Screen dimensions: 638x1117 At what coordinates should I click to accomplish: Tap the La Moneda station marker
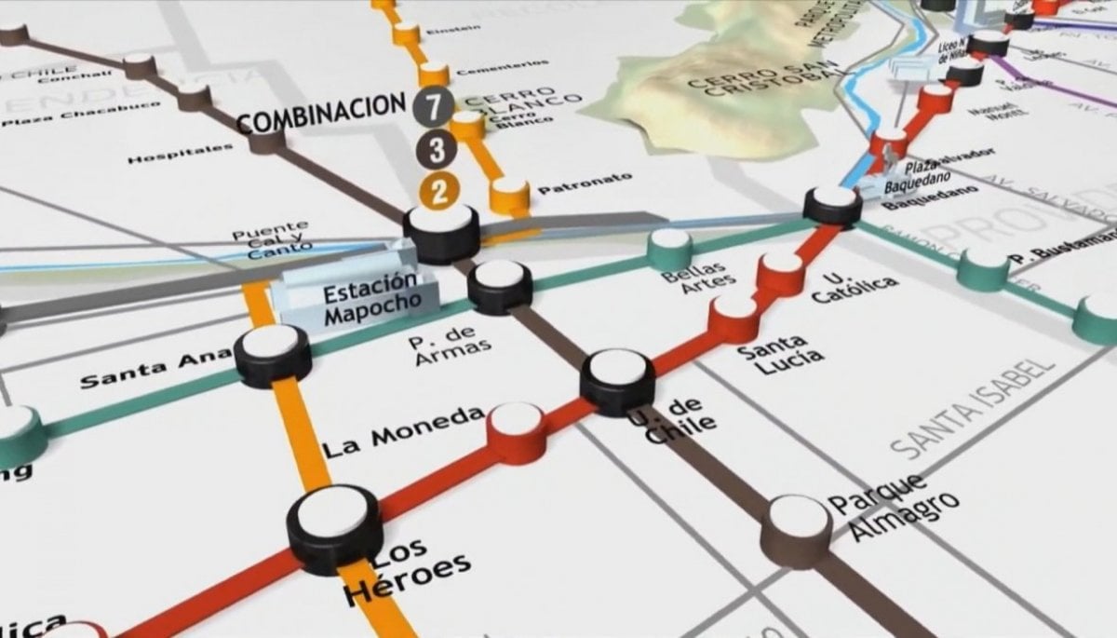click(517, 430)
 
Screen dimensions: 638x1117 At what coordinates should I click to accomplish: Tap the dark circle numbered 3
click(437, 149)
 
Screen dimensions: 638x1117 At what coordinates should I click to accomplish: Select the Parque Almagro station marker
click(797, 526)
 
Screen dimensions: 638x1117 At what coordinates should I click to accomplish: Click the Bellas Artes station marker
click(670, 248)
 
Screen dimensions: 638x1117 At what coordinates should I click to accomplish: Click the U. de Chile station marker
click(616, 380)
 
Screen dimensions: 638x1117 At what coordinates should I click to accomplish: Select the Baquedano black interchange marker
click(832, 204)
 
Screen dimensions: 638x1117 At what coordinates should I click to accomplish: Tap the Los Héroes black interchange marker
click(333, 526)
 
